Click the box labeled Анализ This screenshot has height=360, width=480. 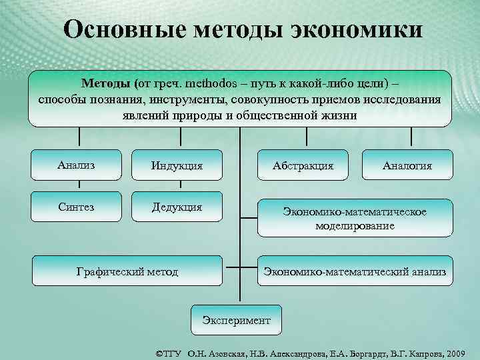tap(77, 165)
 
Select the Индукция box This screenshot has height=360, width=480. tap(177, 165)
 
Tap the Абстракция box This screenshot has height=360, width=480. tap(303, 165)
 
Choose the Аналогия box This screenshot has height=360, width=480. tap(407, 165)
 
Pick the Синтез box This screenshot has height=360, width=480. tap(77, 207)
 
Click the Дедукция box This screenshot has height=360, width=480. tap(177, 207)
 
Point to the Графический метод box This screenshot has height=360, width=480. tap(127, 271)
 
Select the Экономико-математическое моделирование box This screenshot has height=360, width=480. tap(355, 219)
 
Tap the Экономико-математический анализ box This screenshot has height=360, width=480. tap(355, 271)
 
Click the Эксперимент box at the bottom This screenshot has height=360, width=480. tap(236, 320)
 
